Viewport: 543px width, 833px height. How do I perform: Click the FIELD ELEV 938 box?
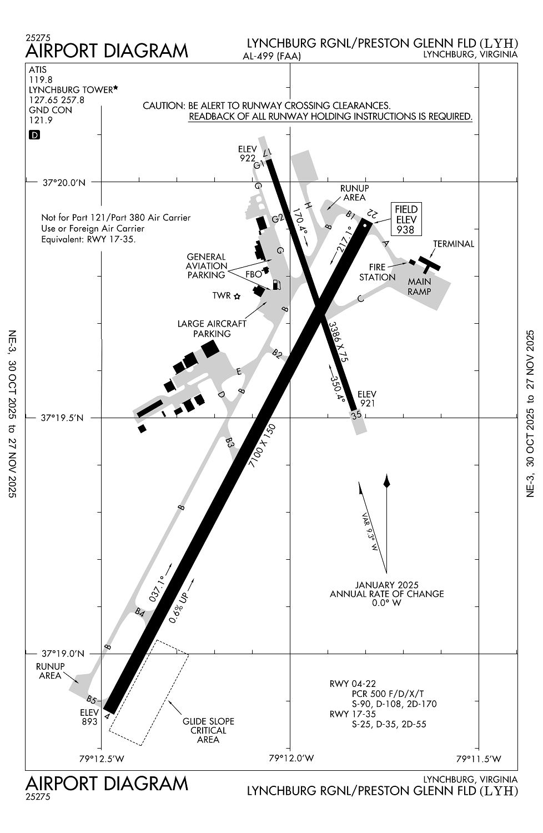pos(406,219)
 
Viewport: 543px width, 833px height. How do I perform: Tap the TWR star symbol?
pos(237,296)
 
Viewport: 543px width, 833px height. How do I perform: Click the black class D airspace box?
pos(34,135)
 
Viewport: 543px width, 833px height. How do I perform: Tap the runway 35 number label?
pos(356,414)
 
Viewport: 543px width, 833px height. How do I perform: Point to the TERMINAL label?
pos(454,244)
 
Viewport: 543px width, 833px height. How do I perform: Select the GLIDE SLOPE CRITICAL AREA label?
pos(208,730)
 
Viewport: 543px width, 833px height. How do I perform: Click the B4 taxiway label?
pos(140,612)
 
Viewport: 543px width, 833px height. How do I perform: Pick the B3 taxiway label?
pos(230,443)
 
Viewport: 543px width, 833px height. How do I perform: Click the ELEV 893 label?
pos(89,717)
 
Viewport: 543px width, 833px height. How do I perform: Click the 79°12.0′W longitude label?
pos(291,758)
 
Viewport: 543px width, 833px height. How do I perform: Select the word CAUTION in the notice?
pos(163,106)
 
